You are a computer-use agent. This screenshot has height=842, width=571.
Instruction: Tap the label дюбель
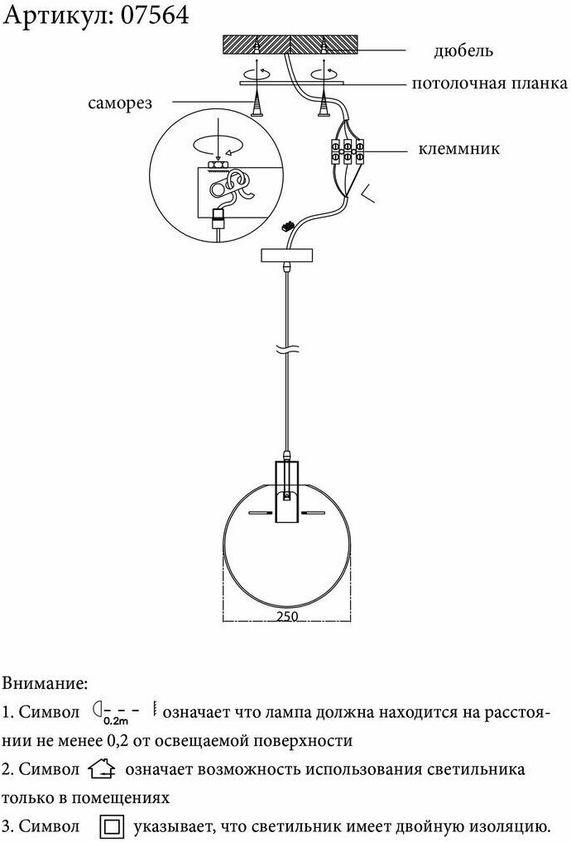tap(463, 51)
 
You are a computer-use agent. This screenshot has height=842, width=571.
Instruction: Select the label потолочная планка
tap(490, 84)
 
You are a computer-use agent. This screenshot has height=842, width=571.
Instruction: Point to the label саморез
tap(119, 103)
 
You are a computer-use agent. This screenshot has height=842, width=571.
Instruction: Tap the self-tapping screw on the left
tap(257, 103)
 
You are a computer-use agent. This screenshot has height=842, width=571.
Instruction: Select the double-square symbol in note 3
tap(112, 826)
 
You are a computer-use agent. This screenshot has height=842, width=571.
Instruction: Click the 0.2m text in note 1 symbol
tap(116, 720)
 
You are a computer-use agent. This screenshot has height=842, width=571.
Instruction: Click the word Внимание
tap(45, 684)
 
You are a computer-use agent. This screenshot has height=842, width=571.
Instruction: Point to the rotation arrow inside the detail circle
tap(218, 146)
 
